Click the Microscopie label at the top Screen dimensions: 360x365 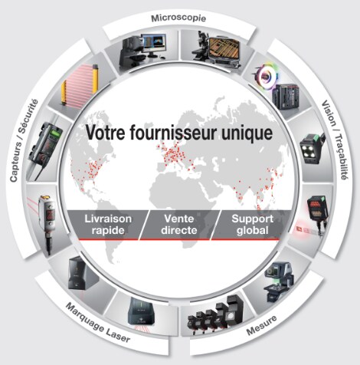[178, 18]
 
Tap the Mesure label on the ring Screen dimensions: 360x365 [261, 325]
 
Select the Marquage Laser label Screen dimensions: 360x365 [98, 323]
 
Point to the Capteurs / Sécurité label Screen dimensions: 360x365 [24, 140]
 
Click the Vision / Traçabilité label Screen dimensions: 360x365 [335, 140]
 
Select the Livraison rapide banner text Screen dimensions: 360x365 [108, 225]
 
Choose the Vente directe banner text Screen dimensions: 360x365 [179, 225]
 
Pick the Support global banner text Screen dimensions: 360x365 [252, 225]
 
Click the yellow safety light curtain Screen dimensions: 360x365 [80, 85]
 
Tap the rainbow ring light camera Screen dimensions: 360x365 [267, 76]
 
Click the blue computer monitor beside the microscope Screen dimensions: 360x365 [154, 44]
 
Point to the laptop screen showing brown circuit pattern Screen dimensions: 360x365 [224, 48]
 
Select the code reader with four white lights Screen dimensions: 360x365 [313, 149]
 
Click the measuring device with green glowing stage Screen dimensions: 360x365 [278, 281]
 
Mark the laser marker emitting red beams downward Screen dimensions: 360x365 [141, 314]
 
